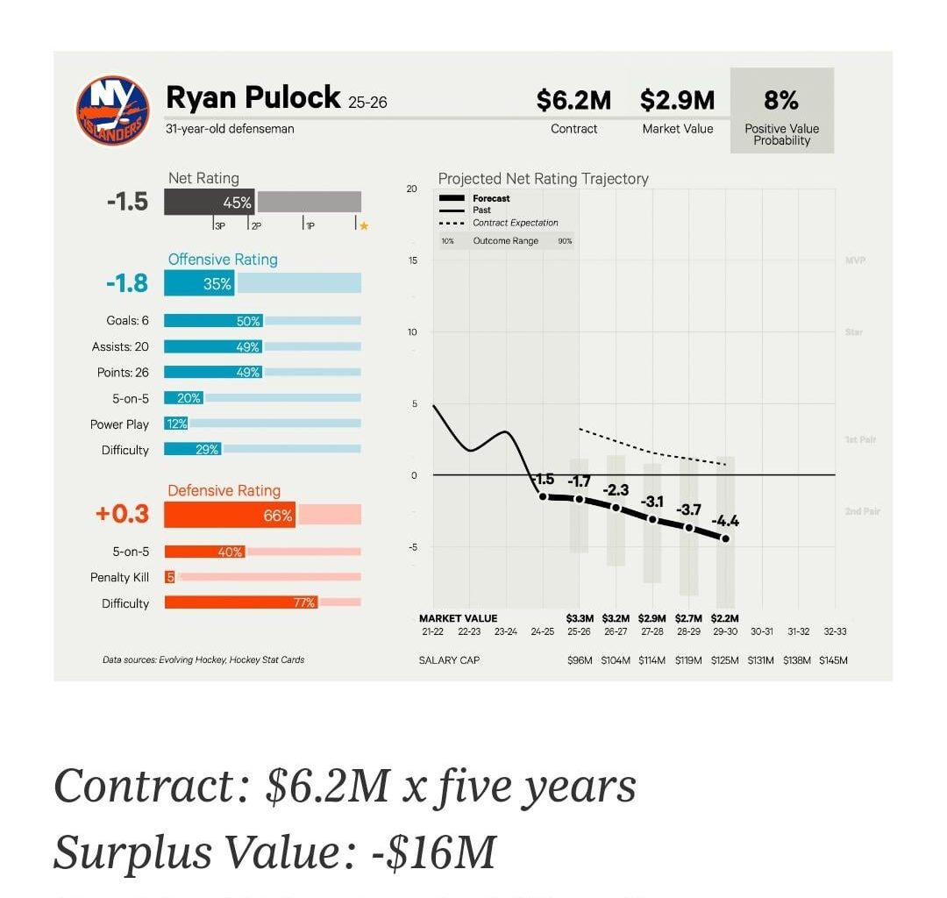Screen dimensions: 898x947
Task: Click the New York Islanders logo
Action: (x=112, y=111)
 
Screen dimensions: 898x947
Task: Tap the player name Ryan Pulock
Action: (x=253, y=98)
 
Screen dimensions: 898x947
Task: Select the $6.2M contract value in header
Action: (x=573, y=101)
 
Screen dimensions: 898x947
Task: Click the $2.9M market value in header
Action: (x=677, y=101)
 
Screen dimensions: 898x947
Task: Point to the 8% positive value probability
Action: (x=781, y=100)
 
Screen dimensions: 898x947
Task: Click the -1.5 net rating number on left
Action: (x=127, y=202)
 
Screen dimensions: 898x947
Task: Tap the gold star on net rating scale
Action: (x=363, y=226)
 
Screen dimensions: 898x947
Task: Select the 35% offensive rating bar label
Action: (x=217, y=283)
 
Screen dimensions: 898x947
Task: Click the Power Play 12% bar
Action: (x=176, y=424)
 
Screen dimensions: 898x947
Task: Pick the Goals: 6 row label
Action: (x=127, y=321)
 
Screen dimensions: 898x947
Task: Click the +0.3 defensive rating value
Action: (x=123, y=514)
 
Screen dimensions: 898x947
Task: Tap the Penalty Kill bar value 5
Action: (x=170, y=577)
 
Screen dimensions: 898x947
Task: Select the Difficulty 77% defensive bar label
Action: (x=303, y=602)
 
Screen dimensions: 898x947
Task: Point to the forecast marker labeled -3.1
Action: (x=652, y=519)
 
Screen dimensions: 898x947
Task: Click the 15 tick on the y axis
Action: (x=413, y=260)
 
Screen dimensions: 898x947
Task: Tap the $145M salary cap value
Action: (x=832, y=660)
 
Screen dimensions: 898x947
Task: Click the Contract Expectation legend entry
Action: (x=515, y=223)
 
